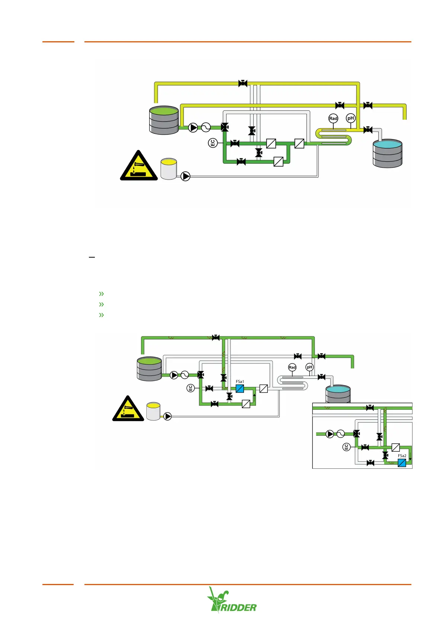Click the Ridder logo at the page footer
click(x=232, y=600)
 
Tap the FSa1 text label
click(x=240, y=381)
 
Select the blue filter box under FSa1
click(x=240, y=389)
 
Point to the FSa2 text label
click(x=402, y=456)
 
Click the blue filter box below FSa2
click(x=402, y=463)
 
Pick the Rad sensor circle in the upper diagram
click(x=333, y=119)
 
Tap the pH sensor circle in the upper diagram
click(x=351, y=118)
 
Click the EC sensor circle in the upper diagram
click(x=212, y=143)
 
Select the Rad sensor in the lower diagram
click(x=292, y=367)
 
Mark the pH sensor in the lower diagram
click(x=309, y=367)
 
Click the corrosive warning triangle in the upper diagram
click(x=139, y=166)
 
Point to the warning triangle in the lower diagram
click(x=128, y=409)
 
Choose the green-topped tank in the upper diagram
click(x=164, y=120)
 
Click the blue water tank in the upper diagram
click(x=388, y=153)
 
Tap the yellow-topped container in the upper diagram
click(x=169, y=169)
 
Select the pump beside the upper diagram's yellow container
click(x=185, y=176)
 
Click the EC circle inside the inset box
click(x=346, y=447)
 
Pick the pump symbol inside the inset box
click(x=330, y=434)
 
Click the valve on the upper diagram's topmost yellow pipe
click(x=243, y=83)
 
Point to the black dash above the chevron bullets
click(x=92, y=257)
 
